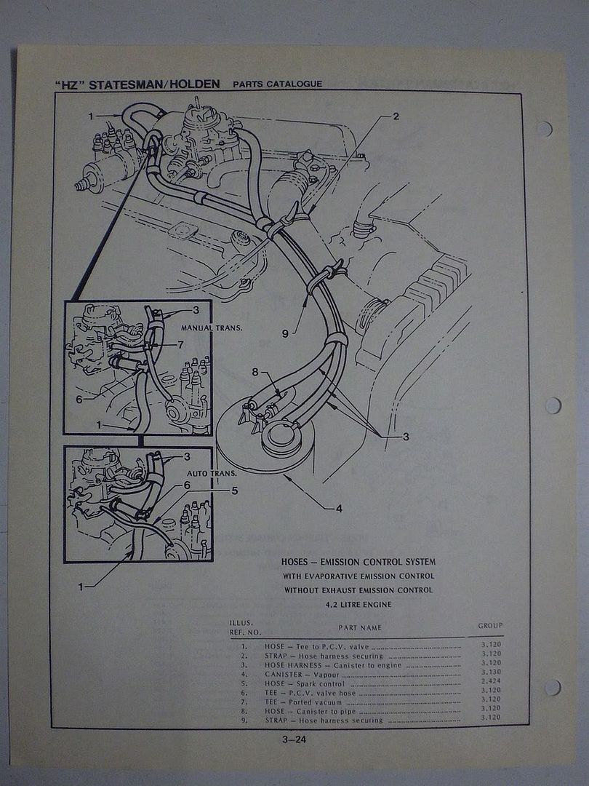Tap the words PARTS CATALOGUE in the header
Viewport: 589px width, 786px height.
point(277,84)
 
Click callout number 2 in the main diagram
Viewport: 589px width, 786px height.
point(396,116)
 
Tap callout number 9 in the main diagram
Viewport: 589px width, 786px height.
point(285,333)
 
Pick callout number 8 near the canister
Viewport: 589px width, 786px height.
point(255,372)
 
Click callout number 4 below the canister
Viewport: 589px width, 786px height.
point(339,509)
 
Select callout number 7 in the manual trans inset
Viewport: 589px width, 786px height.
point(180,344)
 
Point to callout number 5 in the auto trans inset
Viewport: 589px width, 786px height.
point(234,491)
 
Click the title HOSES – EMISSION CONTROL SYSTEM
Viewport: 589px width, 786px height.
point(358,562)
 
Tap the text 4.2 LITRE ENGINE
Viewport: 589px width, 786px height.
point(359,604)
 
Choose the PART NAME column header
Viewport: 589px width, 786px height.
point(359,627)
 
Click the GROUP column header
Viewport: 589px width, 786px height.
point(490,626)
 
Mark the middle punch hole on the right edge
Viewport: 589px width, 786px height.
point(552,405)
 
